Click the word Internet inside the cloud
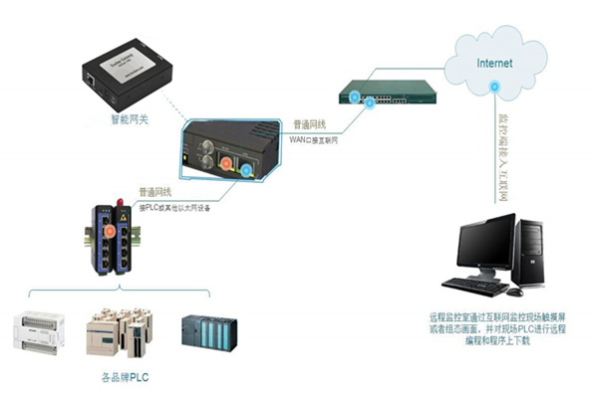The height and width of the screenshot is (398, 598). (494, 63)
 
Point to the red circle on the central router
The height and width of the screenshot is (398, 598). (224, 160)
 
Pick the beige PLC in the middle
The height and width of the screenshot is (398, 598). (121, 332)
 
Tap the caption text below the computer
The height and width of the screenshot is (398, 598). (497, 329)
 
